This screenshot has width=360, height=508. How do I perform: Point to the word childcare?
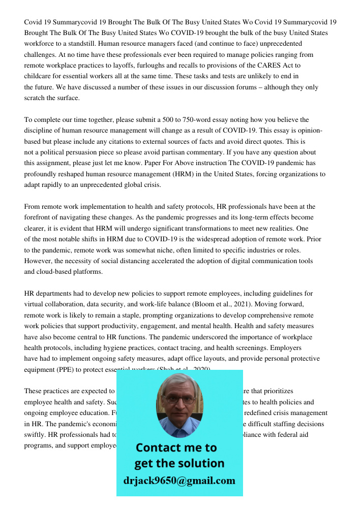click(x=39, y=76)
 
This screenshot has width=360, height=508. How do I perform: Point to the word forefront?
click(x=40, y=217)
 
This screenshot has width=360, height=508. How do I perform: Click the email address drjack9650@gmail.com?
click(x=179, y=481)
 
